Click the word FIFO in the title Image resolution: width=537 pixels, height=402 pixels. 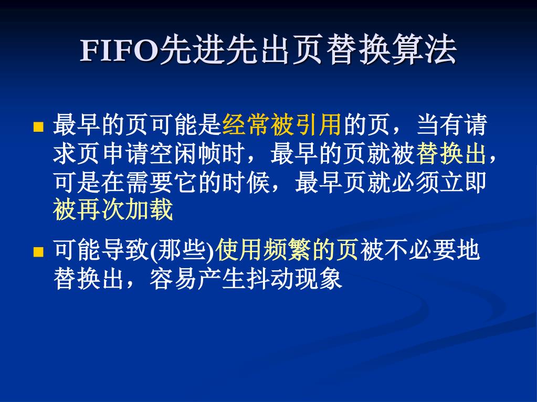(120, 51)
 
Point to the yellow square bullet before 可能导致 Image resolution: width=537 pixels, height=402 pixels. (38, 252)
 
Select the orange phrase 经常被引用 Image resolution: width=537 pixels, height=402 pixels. (281, 124)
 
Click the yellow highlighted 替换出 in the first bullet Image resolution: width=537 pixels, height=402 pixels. (451, 153)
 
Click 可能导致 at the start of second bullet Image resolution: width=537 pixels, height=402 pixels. (101, 250)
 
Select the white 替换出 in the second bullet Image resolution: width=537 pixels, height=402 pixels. (88, 278)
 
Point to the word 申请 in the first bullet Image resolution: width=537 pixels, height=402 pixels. (125, 153)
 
